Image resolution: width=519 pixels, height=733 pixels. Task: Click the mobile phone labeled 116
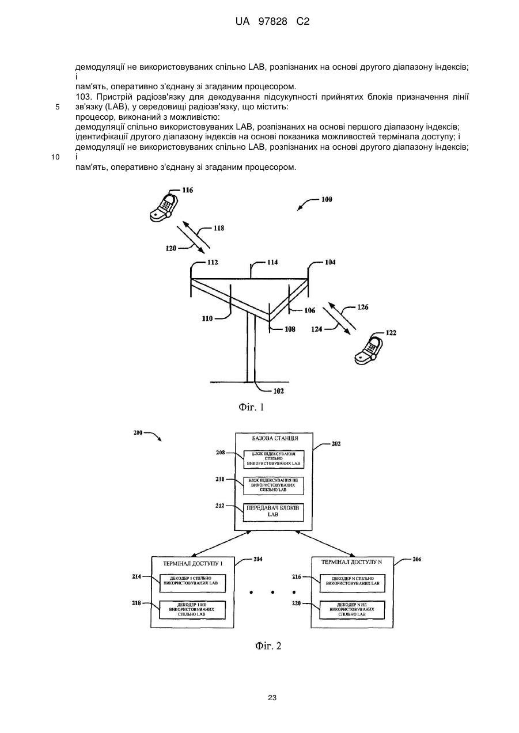(x=164, y=207)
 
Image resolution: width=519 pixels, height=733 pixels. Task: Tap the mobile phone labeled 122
(x=368, y=349)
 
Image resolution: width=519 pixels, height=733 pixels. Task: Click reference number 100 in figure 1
(x=327, y=199)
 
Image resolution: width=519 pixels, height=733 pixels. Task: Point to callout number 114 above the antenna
(x=272, y=262)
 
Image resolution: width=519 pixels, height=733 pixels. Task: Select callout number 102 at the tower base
(x=278, y=391)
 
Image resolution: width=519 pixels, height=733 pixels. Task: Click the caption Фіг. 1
(x=251, y=408)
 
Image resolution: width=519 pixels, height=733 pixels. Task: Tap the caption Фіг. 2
(x=268, y=646)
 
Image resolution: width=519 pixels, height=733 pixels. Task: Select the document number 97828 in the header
(x=273, y=22)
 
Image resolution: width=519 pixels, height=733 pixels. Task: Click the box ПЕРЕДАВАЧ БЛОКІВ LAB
(x=273, y=512)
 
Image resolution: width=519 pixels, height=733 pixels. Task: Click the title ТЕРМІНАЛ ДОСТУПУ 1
(x=193, y=564)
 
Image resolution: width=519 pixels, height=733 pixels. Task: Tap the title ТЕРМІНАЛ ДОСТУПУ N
(x=352, y=562)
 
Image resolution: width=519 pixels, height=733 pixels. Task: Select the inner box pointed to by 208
(x=274, y=459)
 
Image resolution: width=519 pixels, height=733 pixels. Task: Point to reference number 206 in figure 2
(x=416, y=559)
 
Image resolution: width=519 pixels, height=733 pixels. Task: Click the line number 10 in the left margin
(x=55, y=157)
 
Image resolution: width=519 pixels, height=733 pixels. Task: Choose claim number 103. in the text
(x=83, y=97)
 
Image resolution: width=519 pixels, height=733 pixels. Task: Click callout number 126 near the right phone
(x=362, y=307)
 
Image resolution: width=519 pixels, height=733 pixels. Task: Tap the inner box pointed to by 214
(x=192, y=583)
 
